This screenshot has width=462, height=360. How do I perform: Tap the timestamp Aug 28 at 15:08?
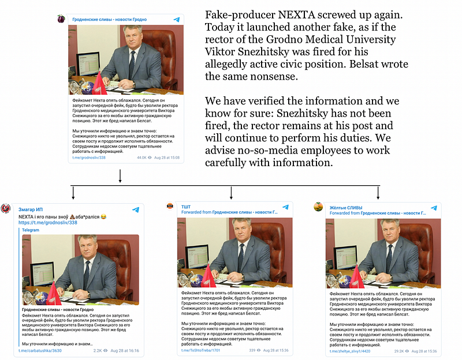point(166,157)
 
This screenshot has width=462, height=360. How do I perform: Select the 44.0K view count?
point(142,157)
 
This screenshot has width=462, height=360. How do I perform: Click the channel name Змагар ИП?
point(31,209)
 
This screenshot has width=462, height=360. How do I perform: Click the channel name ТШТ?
point(186,207)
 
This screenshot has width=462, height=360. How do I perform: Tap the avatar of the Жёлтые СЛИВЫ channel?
point(318,207)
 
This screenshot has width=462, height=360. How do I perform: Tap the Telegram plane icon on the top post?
point(177,20)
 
